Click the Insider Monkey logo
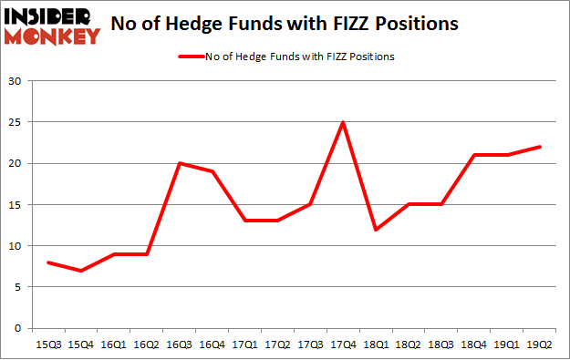(51, 25)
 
